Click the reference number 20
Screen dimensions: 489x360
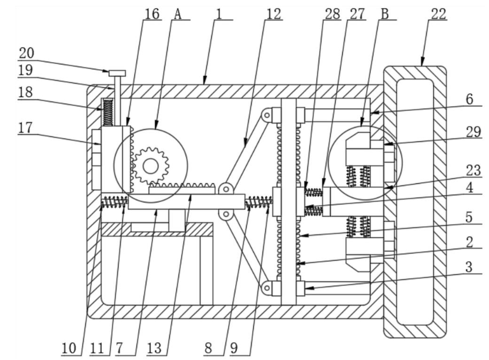[26, 53]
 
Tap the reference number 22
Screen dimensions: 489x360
[438, 14]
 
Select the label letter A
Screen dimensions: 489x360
[177, 14]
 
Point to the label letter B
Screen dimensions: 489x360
[385, 14]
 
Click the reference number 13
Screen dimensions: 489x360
[154, 348]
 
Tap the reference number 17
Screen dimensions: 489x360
[25, 127]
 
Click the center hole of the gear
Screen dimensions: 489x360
[150, 166]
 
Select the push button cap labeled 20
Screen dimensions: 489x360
[117, 73]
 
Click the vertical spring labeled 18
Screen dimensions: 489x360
[108, 112]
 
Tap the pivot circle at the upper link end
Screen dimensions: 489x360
[267, 116]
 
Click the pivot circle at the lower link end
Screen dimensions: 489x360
[267, 288]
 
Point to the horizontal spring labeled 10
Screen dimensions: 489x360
[115, 201]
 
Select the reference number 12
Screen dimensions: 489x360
[274, 14]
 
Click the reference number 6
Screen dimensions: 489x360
[470, 99]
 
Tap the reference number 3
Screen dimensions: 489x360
[469, 267]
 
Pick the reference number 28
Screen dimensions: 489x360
[333, 14]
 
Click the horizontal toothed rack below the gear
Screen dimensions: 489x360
[182, 189]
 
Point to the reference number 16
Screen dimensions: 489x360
[152, 14]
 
